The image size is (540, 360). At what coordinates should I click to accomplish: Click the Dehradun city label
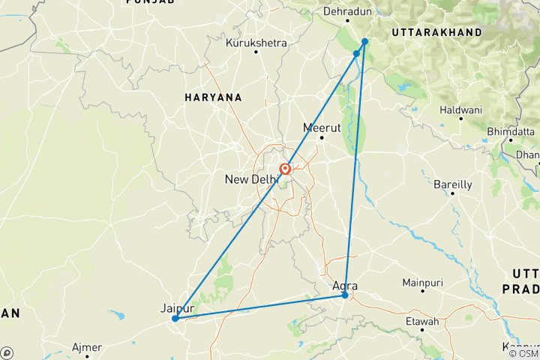pyautogui.click(x=347, y=12)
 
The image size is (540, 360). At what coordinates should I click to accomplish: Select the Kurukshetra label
pyautogui.click(x=256, y=43)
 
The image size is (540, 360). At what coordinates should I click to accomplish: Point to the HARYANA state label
pyautogui.click(x=214, y=97)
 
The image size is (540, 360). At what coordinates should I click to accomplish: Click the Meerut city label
pyautogui.click(x=322, y=127)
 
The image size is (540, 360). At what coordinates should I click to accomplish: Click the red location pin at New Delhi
pyautogui.click(x=286, y=169)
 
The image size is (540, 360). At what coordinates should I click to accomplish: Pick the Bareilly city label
pyautogui.click(x=453, y=184)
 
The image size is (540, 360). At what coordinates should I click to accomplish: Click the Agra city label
pyautogui.click(x=344, y=286)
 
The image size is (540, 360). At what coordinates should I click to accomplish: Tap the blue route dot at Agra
pyautogui.click(x=345, y=295)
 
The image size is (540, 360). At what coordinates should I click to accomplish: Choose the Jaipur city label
pyautogui.click(x=177, y=308)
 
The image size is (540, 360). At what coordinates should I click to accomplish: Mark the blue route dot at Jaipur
pyautogui.click(x=175, y=319)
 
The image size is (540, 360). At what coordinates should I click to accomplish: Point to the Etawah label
pyautogui.click(x=420, y=322)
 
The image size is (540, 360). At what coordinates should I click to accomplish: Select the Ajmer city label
pyautogui.click(x=86, y=348)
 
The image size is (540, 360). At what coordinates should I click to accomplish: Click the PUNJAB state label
pyautogui.click(x=150, y=3)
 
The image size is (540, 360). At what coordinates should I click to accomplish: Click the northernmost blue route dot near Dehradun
pyautogui.click(x=364, y=41)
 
